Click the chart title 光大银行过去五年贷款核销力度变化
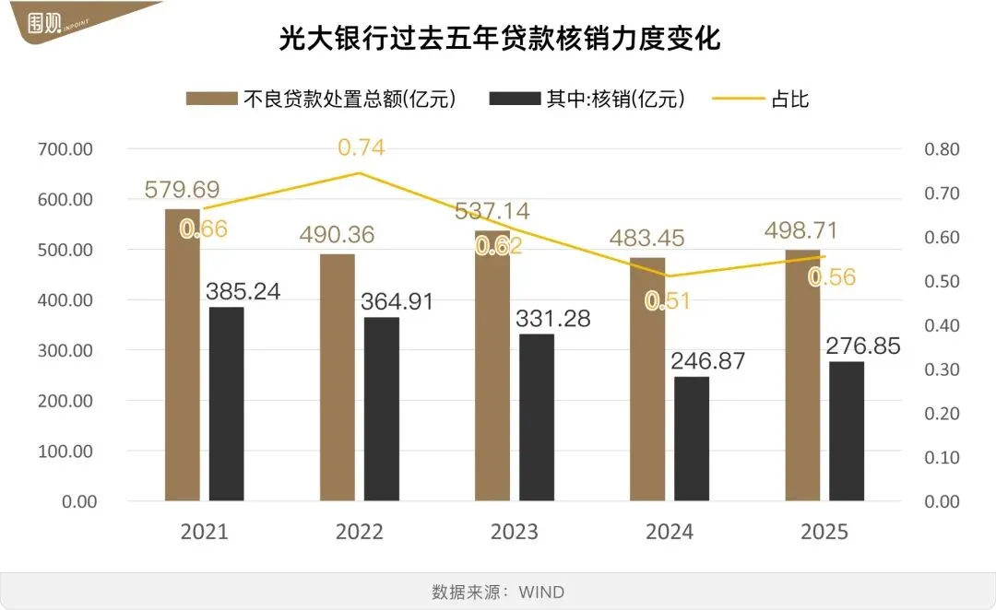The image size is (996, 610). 499,40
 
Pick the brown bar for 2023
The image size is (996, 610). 492,369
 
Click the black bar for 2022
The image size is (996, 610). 382,409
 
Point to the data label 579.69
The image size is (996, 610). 182,190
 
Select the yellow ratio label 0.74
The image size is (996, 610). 361,147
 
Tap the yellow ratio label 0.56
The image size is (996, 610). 832,277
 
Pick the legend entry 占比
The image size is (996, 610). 789,100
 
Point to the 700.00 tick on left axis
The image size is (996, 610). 65,149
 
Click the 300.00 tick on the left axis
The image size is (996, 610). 65,351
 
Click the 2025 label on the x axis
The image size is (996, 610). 824,533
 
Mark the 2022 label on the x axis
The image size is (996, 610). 359,533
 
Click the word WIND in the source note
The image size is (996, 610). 541,592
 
